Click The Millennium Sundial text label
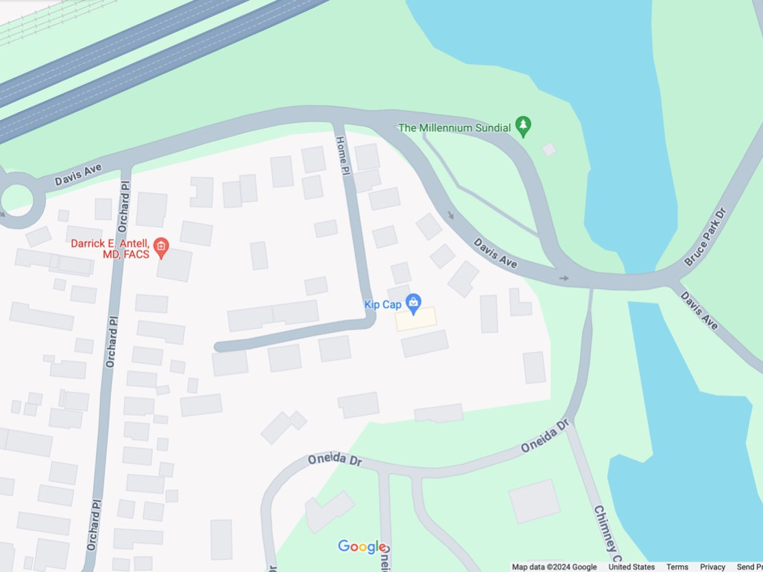(454, 128)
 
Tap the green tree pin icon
(524, 126)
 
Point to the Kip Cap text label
(383, 304)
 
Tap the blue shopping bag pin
(413, 302)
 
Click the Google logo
(362, 547)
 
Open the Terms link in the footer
(677, 567)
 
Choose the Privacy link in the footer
(712, 567)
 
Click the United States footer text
(631, 567)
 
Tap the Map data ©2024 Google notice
(555, 567)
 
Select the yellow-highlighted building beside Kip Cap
(416, 319)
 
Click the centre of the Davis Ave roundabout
(16, 199)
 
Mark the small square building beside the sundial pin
(548, 149)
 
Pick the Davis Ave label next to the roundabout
(78, 176)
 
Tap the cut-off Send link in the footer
(749, 567)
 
